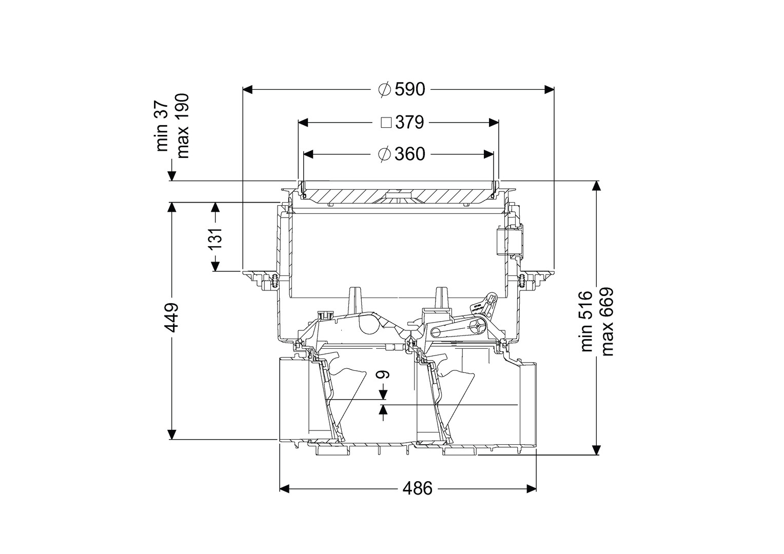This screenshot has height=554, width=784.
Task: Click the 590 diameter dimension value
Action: (410, 90)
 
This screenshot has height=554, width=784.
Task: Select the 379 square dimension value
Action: (409, 123)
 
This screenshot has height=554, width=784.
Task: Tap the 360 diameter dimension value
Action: (410, 154)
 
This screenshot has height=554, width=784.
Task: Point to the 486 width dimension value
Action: (418, 488)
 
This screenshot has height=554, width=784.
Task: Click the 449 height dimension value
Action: (172, 318)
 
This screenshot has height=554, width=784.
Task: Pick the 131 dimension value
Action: (215, 239)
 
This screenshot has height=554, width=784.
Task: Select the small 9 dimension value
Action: (382, 374)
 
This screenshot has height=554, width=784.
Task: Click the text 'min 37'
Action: (163, 126)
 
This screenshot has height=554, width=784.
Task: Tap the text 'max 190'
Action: (183, 126)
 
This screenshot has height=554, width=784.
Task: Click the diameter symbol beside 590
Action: (384, 90)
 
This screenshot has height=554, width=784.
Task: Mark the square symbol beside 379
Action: (386, 123)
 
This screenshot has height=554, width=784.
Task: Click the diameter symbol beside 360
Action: (384, 154)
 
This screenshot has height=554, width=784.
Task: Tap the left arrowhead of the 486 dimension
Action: (285, 488)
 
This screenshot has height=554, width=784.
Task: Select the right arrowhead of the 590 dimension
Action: (549, 90)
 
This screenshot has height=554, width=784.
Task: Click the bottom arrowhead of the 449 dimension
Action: (171, 434)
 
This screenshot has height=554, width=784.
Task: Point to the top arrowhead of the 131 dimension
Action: (215, 208)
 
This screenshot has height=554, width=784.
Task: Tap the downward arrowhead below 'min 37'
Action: (171, 175)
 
